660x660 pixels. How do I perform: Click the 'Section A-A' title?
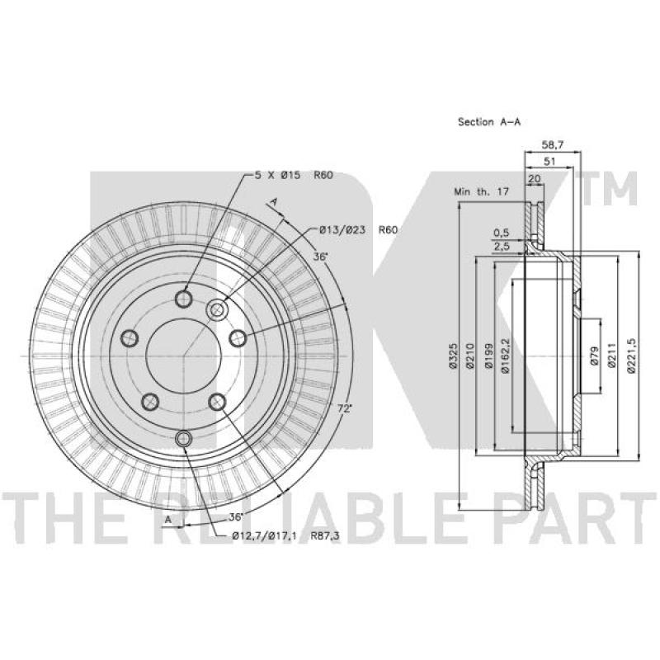489,122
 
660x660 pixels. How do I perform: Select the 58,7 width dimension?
552,145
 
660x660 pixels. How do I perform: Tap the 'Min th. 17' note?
481,192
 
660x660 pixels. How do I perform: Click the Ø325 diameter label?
452,356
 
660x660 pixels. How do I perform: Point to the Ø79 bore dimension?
594,356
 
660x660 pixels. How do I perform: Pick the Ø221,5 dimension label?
630,356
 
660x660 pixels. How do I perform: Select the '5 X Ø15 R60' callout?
294,175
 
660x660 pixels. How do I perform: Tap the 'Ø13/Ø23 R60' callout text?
358,230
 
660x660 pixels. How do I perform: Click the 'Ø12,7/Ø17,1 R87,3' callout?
285,536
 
